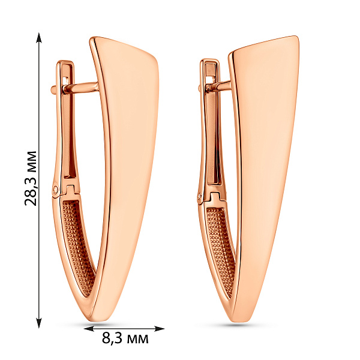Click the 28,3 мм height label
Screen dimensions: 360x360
31,178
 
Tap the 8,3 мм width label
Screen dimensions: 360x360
125,338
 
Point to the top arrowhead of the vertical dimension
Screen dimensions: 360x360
39,38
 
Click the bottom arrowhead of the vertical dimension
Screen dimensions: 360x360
39,323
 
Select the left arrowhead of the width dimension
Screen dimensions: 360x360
89,329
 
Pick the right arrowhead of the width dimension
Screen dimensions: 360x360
160,329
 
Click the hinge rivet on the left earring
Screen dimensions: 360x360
56,190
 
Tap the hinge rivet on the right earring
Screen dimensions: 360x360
200,196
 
